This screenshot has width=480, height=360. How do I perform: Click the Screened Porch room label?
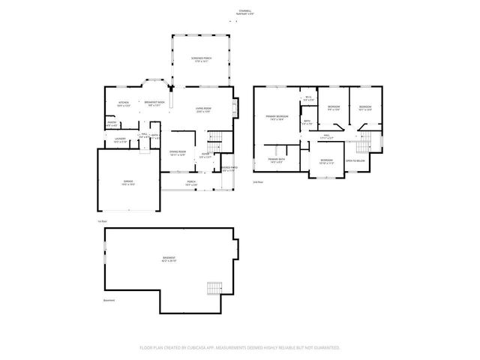pos(199,59)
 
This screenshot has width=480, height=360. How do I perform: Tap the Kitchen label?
pos(124,103)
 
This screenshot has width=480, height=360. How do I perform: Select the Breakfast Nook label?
pos(156,103)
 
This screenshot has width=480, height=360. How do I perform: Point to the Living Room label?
pos(203,110)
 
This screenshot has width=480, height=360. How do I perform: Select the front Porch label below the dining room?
pos(191,182)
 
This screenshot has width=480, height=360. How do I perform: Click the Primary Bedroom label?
pos(277,118)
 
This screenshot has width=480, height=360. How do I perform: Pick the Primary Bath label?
pos(276,160)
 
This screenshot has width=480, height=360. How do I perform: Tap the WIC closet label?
pos(308,98)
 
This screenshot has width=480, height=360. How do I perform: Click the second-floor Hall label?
pos(327,137)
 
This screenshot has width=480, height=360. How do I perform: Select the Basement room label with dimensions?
pos(169,259)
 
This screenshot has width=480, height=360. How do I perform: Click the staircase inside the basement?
pos(215,288)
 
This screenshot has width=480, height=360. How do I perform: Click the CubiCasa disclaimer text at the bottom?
pos(240,348)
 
